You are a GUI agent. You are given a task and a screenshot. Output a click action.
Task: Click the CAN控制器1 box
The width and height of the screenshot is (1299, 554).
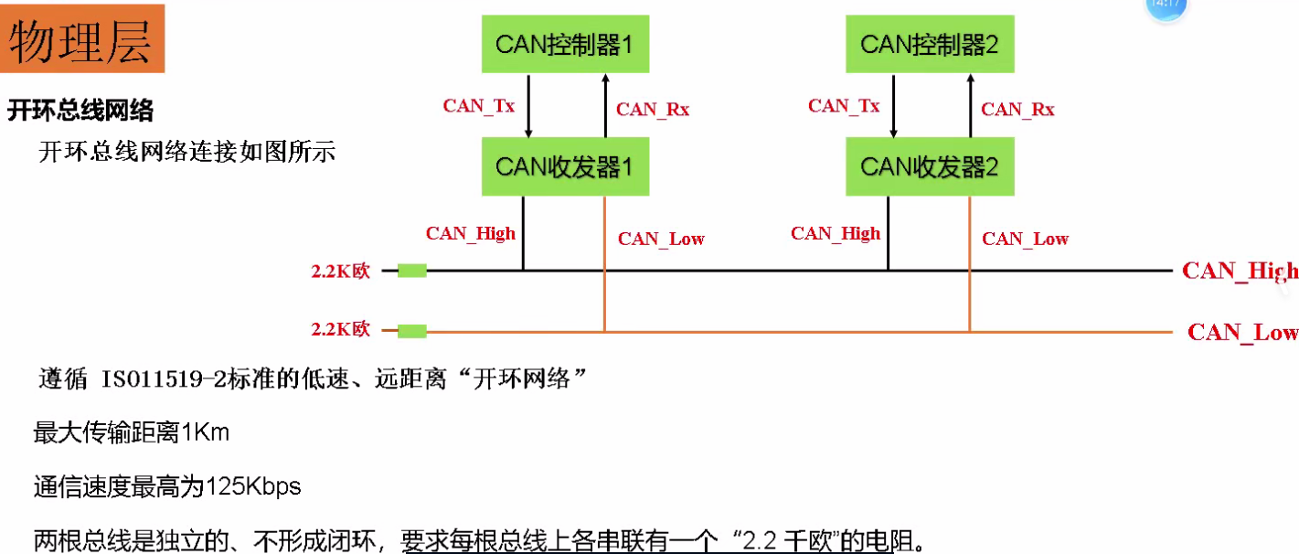565,45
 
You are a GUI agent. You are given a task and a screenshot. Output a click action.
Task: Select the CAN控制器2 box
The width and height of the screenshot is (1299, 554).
930,45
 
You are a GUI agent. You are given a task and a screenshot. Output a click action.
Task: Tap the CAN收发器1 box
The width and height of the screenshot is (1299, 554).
565,167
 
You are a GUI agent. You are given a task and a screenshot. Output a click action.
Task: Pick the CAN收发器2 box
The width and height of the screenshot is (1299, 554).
930,167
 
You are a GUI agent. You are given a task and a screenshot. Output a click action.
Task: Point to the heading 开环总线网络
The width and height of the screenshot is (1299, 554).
80,112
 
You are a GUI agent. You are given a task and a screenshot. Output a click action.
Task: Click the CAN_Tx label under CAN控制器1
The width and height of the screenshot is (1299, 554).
479,105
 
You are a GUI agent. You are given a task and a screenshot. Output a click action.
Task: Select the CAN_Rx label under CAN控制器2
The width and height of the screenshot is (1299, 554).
1017,110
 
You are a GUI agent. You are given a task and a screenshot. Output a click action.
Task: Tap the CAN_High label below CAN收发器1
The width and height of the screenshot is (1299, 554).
471,233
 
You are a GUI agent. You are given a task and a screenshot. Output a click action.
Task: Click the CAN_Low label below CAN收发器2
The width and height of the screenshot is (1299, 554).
1025,239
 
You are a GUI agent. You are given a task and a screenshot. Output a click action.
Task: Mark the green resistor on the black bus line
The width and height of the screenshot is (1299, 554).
412,271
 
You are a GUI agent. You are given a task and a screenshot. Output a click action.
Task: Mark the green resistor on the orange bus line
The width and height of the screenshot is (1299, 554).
412,331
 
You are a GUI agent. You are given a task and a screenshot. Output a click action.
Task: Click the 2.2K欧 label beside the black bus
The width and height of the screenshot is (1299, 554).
340,272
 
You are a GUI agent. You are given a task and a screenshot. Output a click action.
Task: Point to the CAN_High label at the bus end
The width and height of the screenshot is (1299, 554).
1239,271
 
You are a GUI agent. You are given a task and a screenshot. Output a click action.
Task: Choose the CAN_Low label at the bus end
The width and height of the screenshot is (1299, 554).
1241,332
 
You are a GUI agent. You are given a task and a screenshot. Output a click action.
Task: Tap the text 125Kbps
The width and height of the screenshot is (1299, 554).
253,486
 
